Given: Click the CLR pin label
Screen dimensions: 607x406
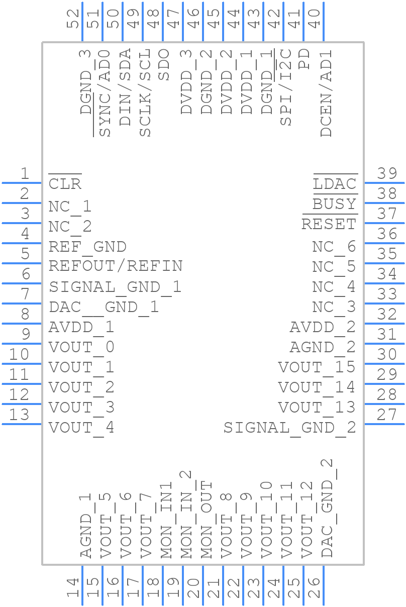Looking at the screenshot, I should coord(65,184).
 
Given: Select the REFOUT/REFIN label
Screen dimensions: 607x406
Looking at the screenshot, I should coord(116,266).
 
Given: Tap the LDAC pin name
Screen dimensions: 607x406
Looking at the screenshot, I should coord(335,184).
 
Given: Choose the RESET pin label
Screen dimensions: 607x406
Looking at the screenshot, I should coord(329,224).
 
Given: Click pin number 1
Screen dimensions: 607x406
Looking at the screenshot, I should coord(25,174).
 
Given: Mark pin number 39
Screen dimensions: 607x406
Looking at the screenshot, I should coord(387,174).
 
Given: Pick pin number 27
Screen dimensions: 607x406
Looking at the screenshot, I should coord(387,415).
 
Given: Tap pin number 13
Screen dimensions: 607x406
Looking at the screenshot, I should coord(20,415).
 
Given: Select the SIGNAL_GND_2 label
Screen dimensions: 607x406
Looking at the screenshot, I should coord(289,428).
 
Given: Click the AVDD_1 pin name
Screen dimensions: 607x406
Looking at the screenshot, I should coord(81,327).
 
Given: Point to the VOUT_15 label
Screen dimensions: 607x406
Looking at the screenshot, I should coord(317,367).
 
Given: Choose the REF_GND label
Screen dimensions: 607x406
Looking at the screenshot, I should coord(87,247).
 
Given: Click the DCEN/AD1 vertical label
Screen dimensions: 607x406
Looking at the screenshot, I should coord(327,93).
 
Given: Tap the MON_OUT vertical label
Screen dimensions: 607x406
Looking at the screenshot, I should coord(207,520).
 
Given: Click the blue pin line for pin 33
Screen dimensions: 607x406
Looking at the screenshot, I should coord(384,303).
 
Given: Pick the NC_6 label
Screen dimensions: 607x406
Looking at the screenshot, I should coord(334,247).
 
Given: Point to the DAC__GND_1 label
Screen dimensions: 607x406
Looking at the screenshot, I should coord(104,307).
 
